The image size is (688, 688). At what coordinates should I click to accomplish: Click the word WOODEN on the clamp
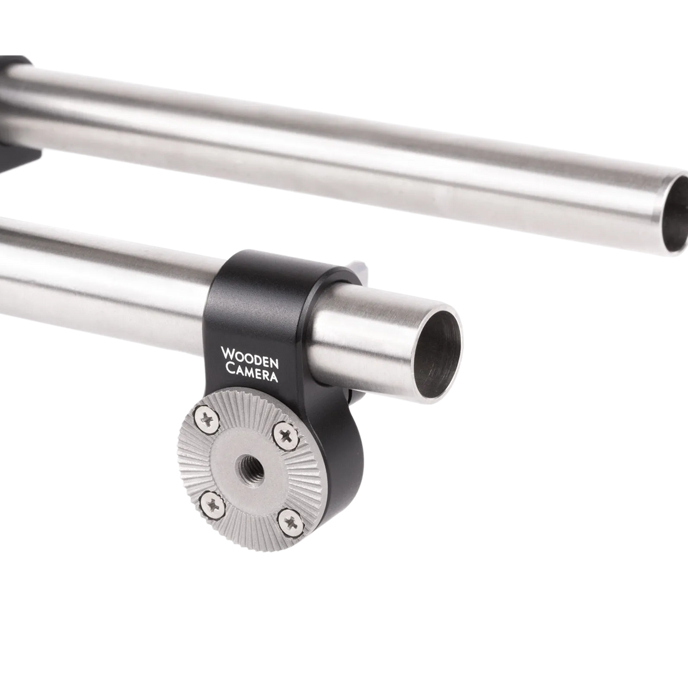(x=250, y=357)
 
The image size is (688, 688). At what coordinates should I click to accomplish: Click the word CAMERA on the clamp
(x=251, y=372)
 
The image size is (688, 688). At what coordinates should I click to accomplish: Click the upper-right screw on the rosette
(x=285, y=435)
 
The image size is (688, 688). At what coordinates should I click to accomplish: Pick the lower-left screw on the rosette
(x=213, y=506)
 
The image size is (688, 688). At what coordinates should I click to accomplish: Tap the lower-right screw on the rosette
(x=290, y=522)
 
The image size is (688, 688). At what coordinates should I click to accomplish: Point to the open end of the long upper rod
(x=676, y=215)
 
